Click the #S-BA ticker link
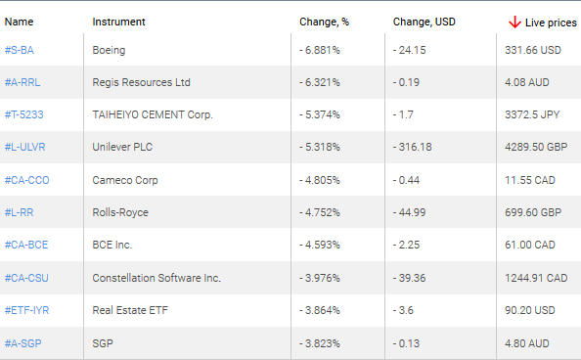pyautogui.click(x=20, y=50)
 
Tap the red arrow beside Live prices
pyautogui.click(x=514, y=22)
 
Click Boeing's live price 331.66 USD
pyautogui.click(x=532, y=50)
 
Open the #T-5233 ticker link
pyautogui.click(x=24, y=114)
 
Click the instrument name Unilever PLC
pyautogui.click(x=123, y=148)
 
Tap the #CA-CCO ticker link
pyautogui.click(x=26, y=180)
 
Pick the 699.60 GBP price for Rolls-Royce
pyautogui.click(x=532, y=212)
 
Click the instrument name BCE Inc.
pyautogui.click(x=112, y=245)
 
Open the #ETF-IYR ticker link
pyautogui.click(x=26, y=310)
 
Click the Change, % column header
pyautogui.click(x=324, y=21)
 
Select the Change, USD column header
pyautogui.click(x=424, y=21)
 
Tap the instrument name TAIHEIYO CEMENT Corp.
pyautogui.click(x=153, y=114)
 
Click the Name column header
pyautogui.click(x=20, y=21)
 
